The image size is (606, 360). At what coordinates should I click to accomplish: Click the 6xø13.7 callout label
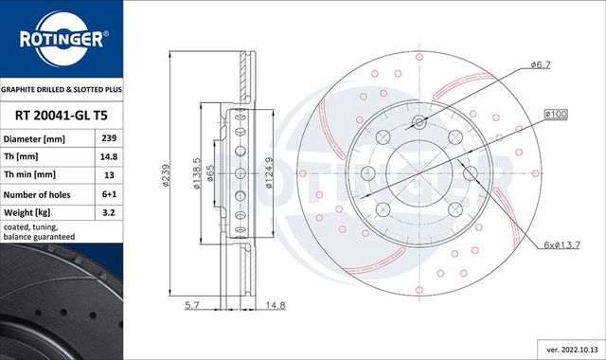point(562,245)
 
